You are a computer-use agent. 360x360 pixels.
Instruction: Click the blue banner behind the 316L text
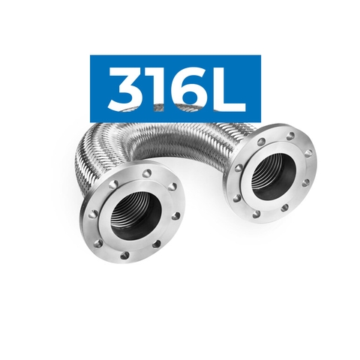(x=102, y=67)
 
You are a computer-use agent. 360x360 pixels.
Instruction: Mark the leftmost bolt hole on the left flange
(x=93, y=214)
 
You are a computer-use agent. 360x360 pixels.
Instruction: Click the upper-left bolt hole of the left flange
(x=113, y=183)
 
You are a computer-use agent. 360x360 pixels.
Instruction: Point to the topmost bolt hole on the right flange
(x=289, y=136)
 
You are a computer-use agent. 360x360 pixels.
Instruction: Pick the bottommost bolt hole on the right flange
(x=257, y=215)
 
